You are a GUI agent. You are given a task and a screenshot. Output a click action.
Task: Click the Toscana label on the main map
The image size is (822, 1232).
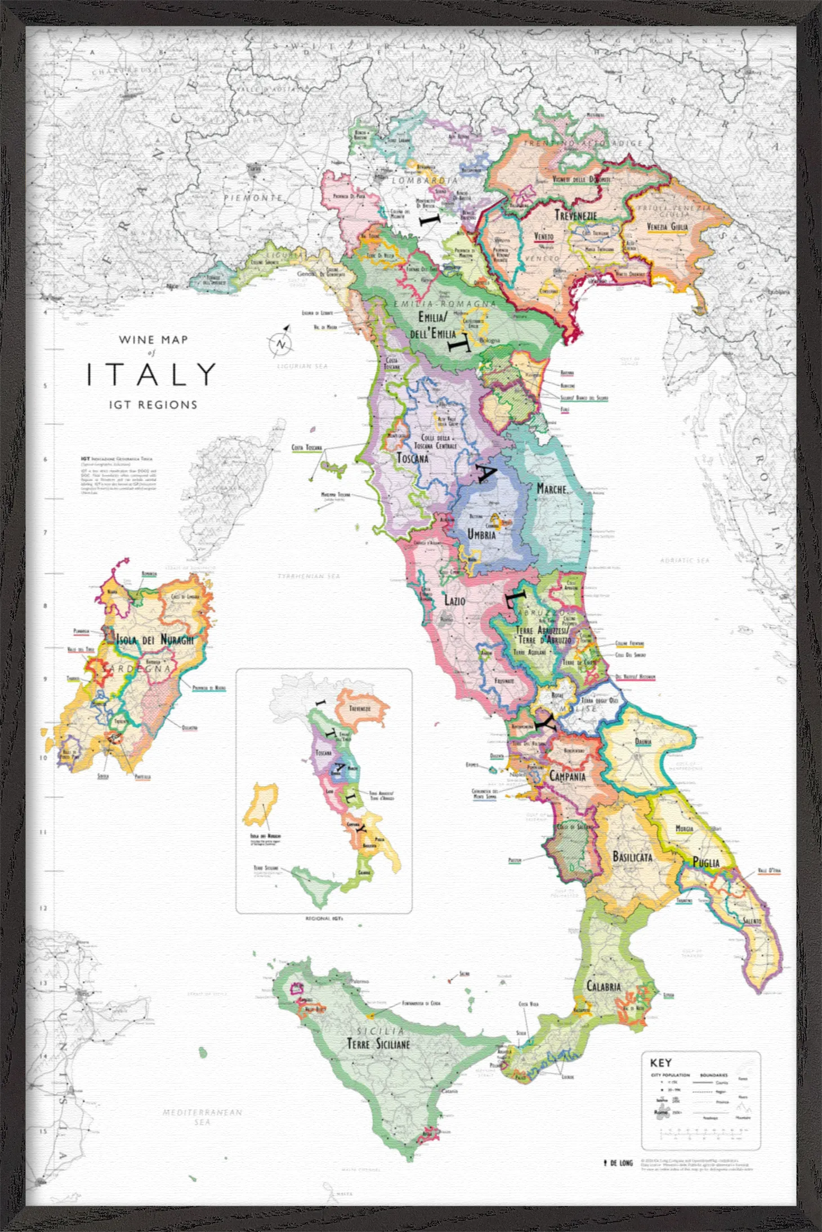coord(413,458)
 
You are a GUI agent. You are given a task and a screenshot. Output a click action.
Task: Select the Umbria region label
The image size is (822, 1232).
coord(482,534)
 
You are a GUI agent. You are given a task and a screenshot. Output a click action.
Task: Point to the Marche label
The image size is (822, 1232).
coord(551,489)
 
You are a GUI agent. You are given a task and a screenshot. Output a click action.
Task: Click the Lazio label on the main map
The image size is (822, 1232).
coord(455,601)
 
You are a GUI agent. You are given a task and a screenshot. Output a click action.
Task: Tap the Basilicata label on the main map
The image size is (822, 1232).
coord(632,857)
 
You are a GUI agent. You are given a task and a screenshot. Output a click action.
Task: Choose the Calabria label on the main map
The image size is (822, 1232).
coord(604,986)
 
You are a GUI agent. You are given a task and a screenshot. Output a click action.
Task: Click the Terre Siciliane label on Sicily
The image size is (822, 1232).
coord(378,1045)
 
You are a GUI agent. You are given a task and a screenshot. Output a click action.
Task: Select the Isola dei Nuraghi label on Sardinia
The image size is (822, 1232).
coord(155,640)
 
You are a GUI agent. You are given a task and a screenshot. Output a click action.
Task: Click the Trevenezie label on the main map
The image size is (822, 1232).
coord(575,215)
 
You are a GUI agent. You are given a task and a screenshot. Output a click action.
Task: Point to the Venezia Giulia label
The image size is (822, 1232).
coord(667,227)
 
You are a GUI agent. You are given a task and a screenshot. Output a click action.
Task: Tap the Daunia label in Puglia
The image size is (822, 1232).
coord(643,742)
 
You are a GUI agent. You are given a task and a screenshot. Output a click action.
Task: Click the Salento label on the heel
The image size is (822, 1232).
coord(752,921)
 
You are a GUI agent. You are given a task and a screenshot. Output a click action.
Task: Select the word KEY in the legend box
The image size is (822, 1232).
coord(660,1063)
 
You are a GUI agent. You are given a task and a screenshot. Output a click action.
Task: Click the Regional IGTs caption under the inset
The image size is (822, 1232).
coord(324,919)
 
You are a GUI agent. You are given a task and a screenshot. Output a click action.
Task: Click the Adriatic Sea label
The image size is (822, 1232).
coord(685,561)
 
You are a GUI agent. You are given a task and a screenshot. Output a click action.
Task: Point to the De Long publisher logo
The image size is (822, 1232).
coord(618,1163)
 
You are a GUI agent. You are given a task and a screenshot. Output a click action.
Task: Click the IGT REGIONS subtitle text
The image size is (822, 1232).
coord(153,405)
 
